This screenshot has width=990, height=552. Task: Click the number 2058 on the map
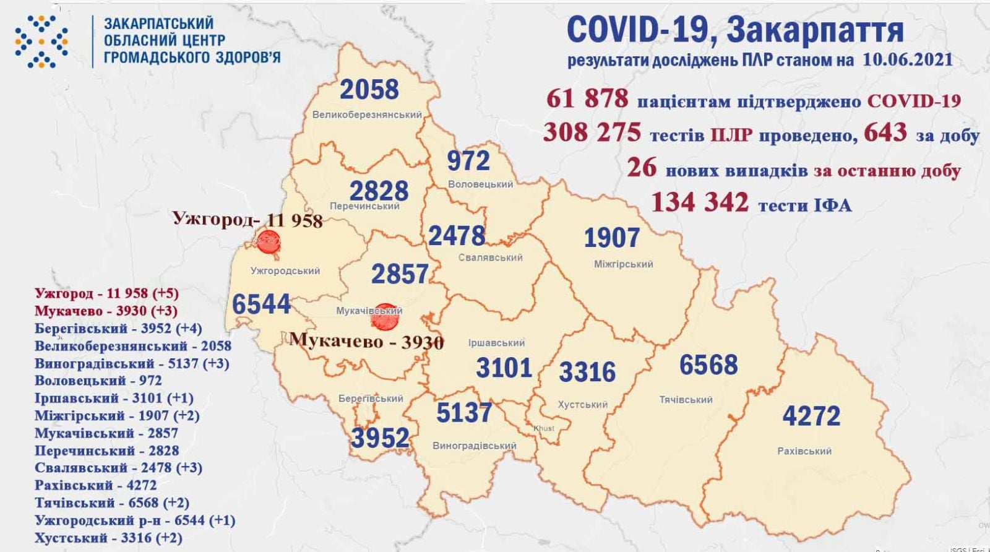[369, 90]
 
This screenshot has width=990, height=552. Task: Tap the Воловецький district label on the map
[480, 184]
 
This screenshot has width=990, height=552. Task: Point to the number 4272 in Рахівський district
[811, 416]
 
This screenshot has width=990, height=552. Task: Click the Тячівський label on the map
[686, 400]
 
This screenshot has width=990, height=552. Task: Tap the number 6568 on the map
[708, 364]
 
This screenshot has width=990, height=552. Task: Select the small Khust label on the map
[544, 428]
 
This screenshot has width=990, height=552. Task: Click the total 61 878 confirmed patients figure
[587, 98]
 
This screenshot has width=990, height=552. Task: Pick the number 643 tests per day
[886, 132]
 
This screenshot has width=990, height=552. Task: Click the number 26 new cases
[642, 168]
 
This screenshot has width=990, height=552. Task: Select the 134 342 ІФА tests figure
[699, 202]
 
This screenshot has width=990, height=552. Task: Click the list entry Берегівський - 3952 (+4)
[118, 329]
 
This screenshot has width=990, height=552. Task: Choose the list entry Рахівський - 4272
[96, 485]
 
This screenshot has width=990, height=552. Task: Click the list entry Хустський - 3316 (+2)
[108, 538]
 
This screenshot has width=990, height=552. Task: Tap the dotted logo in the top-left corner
[41, 41]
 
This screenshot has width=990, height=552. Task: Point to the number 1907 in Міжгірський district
[611, 238]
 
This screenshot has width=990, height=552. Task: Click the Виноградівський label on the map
[475, 446]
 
